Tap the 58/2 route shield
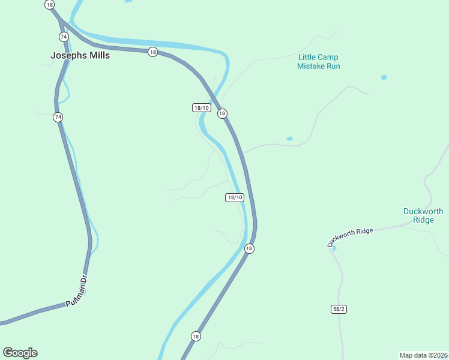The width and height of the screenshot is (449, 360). tap(339, 309)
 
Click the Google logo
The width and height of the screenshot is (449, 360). tap(20, 353)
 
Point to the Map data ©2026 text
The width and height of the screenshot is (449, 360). tap(423, 355)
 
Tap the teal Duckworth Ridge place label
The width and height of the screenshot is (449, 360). tap(423, 215)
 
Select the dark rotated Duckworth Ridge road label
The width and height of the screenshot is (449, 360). tap(351, 237)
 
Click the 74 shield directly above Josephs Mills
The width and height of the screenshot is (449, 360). tap(64, 37)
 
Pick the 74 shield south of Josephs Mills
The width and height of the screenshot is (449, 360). tap(58, 117)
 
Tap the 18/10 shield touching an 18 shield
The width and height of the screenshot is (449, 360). tap(201, 108)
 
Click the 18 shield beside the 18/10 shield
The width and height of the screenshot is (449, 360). tap(222, 113)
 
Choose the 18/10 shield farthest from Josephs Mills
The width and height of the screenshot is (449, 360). tap(235, 197)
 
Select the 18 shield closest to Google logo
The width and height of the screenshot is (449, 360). tap(196, 336)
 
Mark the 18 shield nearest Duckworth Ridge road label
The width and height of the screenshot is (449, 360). tap(249, 248)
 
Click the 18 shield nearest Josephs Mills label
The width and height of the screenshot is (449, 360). tap(153, 52)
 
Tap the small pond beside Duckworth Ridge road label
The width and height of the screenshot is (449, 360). tap(334, 248)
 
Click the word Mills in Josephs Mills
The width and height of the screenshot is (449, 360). tap(98, 55)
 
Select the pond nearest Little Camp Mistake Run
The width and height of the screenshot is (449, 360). tap(384, 77)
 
